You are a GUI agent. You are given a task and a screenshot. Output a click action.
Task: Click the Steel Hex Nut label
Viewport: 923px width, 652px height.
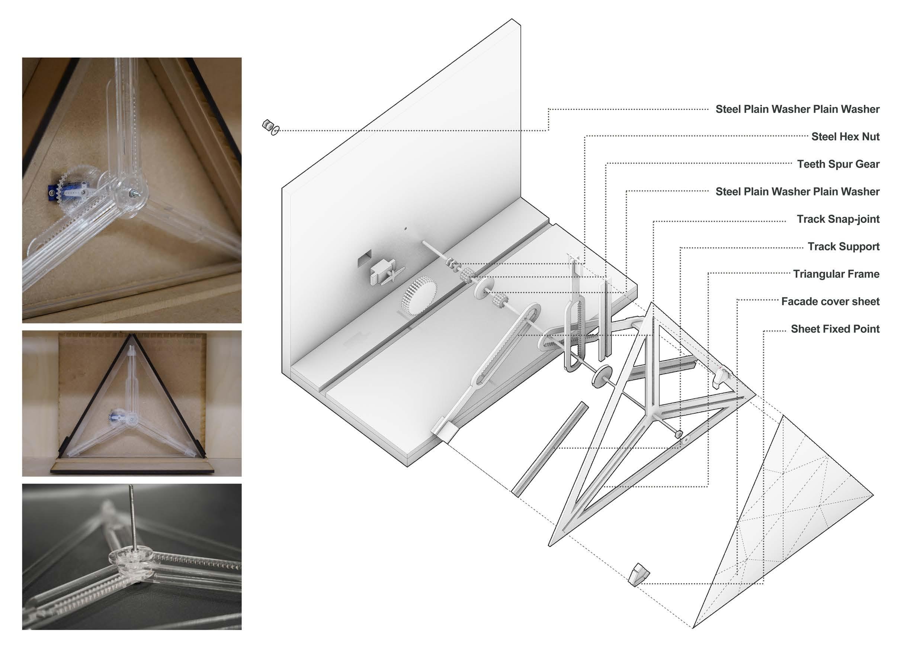[x=845, y=136]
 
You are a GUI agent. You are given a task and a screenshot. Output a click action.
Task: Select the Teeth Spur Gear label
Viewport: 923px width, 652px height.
[x=838, y=164]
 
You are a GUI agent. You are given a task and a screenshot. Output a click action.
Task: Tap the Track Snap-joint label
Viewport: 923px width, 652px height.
[x=838, y=219]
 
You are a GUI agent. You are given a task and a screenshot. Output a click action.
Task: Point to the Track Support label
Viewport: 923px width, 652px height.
[x=843, y=246]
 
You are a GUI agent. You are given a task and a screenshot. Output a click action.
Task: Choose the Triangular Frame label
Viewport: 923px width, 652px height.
[x=836, y=274]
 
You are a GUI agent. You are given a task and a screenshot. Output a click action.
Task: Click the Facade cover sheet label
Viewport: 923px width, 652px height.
[x=830, y=301]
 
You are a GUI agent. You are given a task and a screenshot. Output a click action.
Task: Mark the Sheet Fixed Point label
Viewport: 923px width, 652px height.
[x=835, y=329]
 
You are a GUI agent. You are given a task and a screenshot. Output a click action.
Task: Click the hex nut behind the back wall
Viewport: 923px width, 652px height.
[x=266, y=125]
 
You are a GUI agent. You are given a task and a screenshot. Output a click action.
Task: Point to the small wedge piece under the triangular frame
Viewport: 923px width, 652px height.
[x=638, y=574]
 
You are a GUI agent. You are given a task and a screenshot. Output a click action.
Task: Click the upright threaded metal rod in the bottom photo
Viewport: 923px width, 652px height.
[x=131, y=518]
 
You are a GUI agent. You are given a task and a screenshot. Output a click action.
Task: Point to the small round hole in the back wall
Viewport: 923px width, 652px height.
[x=406, y=229]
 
